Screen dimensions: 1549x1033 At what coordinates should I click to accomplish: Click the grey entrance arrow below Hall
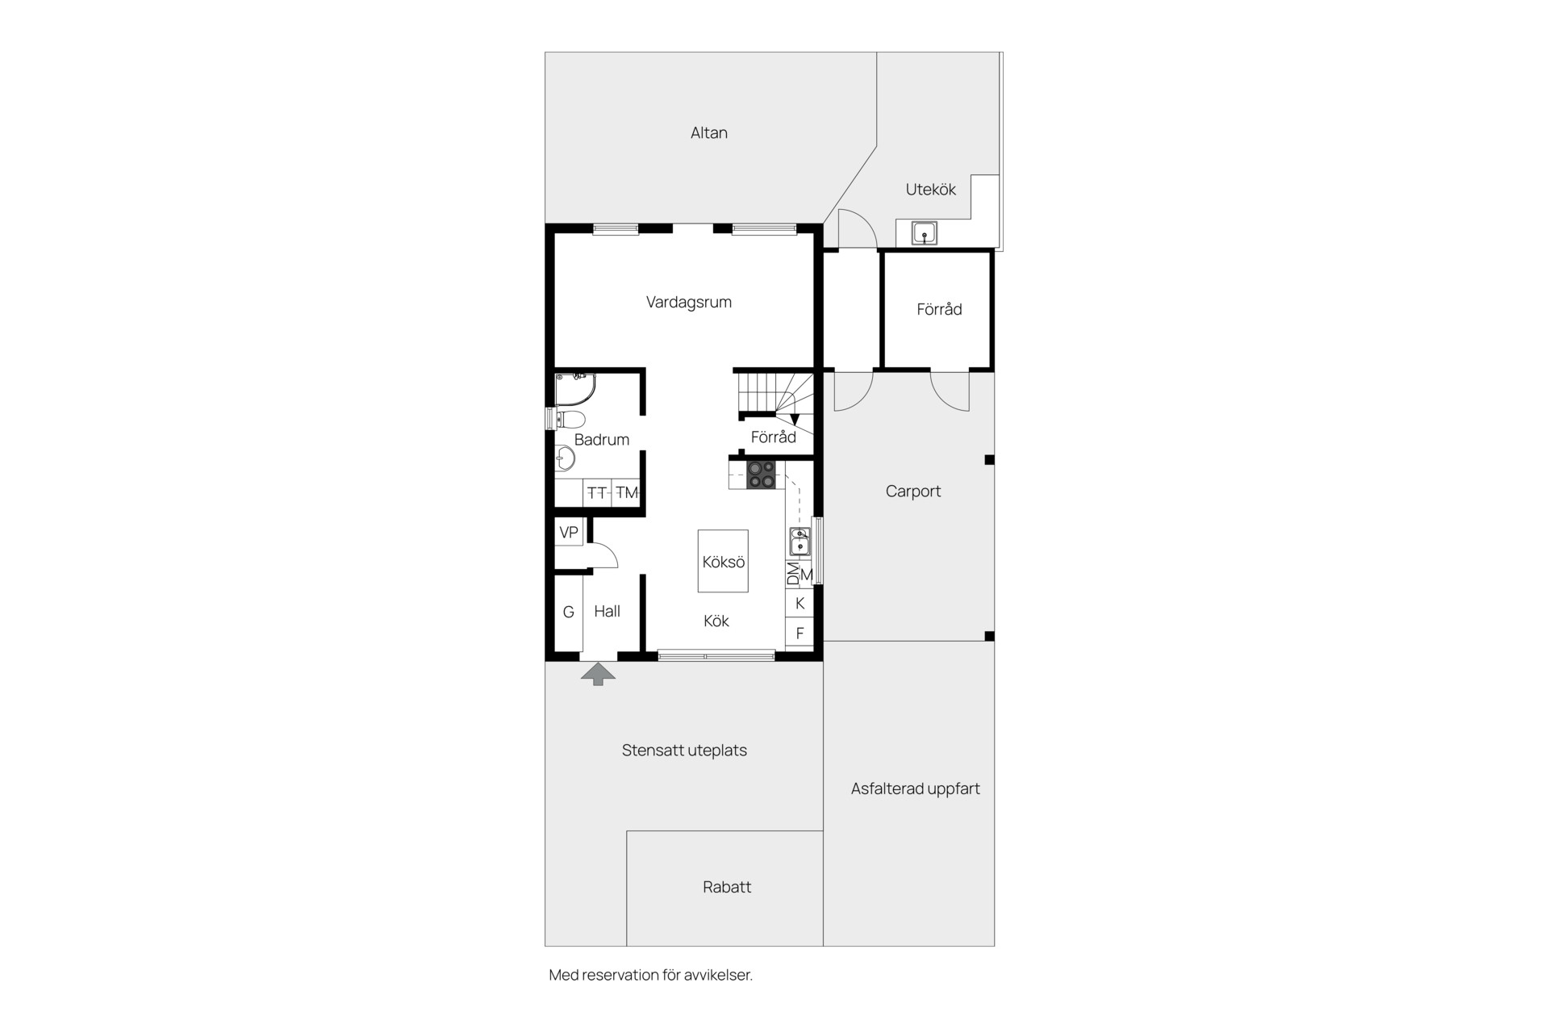[x=598, y=674]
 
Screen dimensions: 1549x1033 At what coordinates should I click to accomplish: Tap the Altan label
[x=709, y=133]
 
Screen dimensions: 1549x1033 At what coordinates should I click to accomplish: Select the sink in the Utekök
[x=925, y=233]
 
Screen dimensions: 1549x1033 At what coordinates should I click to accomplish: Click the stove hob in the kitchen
[x=761, y=475]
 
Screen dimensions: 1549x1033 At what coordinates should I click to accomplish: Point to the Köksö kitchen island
[x=723, y=562]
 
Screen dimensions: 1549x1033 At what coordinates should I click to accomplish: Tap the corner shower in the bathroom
[x=574, y=389]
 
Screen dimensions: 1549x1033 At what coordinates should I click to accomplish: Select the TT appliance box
[x=597, y=492]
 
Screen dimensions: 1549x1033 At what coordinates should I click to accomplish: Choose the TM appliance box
[x=626, y=492]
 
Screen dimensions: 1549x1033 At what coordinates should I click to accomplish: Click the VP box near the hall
[x=569, y=533]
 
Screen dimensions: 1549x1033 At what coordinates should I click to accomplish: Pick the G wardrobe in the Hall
[x=569, y=613]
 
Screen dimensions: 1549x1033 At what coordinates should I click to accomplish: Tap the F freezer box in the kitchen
[x=800, y=634]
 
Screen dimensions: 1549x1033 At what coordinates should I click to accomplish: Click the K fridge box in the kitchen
[x=800, y=603]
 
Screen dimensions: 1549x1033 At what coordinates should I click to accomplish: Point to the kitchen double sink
[x=800, y=542]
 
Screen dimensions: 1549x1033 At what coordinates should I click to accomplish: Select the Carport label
[x=913, y=491]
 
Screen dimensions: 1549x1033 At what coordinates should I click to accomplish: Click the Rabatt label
[x=727, y=887]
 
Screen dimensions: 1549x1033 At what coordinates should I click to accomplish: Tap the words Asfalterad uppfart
[x=916, y=789]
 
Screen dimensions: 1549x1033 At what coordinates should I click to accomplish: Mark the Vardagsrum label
[x=689, y=303]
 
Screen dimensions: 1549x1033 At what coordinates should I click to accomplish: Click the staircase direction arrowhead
[x=795, y=420]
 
